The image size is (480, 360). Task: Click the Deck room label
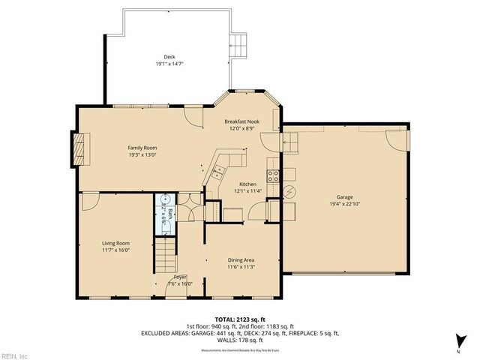pyautogui.click(x=169, y=57)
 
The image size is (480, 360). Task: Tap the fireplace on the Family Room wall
pyautogui.click(x=79, y=149)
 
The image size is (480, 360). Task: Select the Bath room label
pyautogui.click(x=172, y=213)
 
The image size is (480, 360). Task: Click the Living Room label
pyautogui.click(x=116, y=243)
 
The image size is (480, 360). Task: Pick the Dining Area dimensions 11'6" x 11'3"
pyautogui.click(x=241, y=266)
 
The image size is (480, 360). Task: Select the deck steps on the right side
pyautogui.click(x=239, y=44)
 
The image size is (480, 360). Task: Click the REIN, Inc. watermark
pyautogui.click(x=14, y=355)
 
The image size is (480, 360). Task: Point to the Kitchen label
pyautogui.click(x=247, y=184)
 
